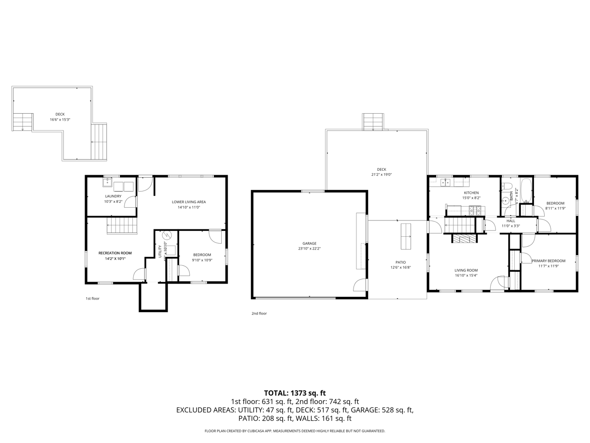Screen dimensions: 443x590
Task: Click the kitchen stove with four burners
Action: [x=475, y=211]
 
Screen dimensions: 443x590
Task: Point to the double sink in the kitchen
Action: [x=445, y=183]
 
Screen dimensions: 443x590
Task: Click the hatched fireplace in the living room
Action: [x=464, y=239]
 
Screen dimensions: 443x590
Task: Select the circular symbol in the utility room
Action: [x=166, y=236]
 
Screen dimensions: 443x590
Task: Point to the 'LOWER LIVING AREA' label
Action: [x=189, y=202]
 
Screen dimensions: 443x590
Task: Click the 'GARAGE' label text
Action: [x=309, y=243]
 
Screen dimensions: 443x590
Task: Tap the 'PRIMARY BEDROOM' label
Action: [x=548, y=261]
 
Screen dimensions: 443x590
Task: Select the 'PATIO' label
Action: [x=401, y=262]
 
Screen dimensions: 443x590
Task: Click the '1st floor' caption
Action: [x=92, y=298]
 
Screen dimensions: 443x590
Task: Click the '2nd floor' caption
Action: [x=259, y=313]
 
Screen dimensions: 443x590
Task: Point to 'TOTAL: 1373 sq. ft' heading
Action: [x=295, y=393]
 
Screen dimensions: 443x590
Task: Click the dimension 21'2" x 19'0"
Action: [x=382, y=175]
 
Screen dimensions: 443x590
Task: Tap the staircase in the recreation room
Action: [x=121, y=226]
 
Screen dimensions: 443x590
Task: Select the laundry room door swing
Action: [x=130, y=202]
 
